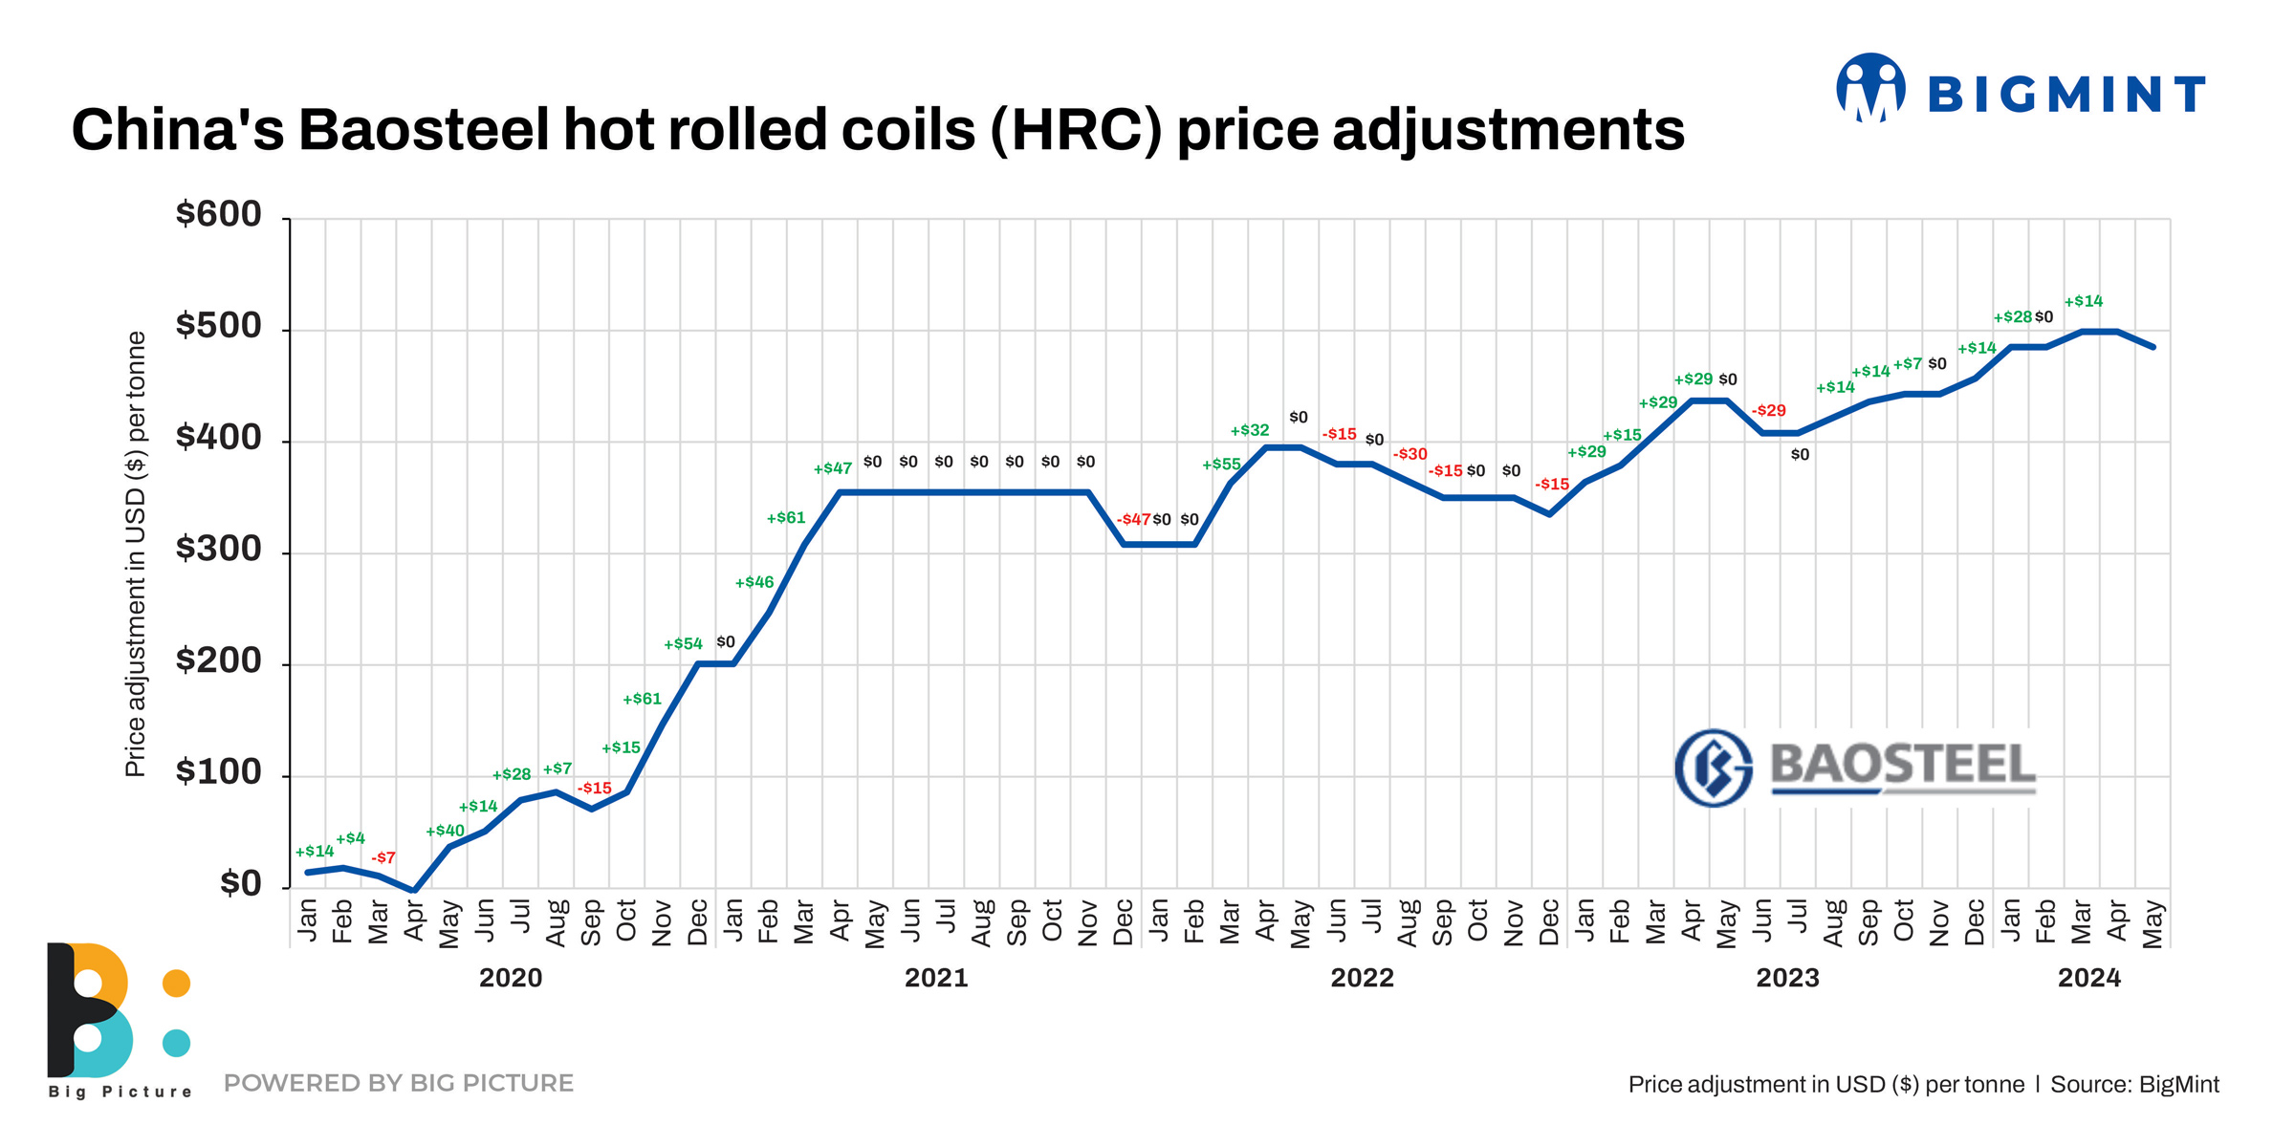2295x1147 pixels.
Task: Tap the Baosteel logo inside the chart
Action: point(1855,767)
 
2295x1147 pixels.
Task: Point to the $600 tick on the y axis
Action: point(218,214)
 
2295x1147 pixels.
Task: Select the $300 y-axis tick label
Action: point(218,550)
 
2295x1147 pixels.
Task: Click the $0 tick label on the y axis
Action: point(240,884)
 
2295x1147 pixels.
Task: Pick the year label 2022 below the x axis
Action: point(1362,978)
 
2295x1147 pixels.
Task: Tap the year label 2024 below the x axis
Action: point(2088,978)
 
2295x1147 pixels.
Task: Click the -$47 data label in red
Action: point(1133,520)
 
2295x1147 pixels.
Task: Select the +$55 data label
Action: point(1221,465)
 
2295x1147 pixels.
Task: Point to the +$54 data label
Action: point(683,644)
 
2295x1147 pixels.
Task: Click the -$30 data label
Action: point(1410,454)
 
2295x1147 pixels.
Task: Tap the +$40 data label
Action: point(445,831)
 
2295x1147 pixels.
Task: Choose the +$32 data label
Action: point(1249,430)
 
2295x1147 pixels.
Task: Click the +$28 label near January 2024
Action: point(2012,317)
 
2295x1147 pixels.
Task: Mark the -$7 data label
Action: point(382,857)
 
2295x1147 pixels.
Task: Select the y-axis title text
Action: point(136,554)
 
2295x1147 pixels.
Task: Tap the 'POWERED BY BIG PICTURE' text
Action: point(398,1083)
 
